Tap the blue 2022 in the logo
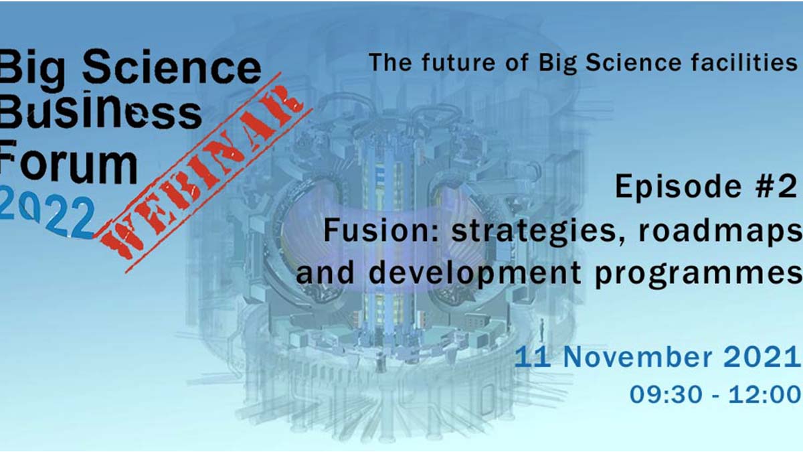(47, 218)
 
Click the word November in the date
(638, 357)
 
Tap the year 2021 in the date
(762, 357)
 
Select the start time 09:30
(666, 394)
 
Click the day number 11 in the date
(533, 357)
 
